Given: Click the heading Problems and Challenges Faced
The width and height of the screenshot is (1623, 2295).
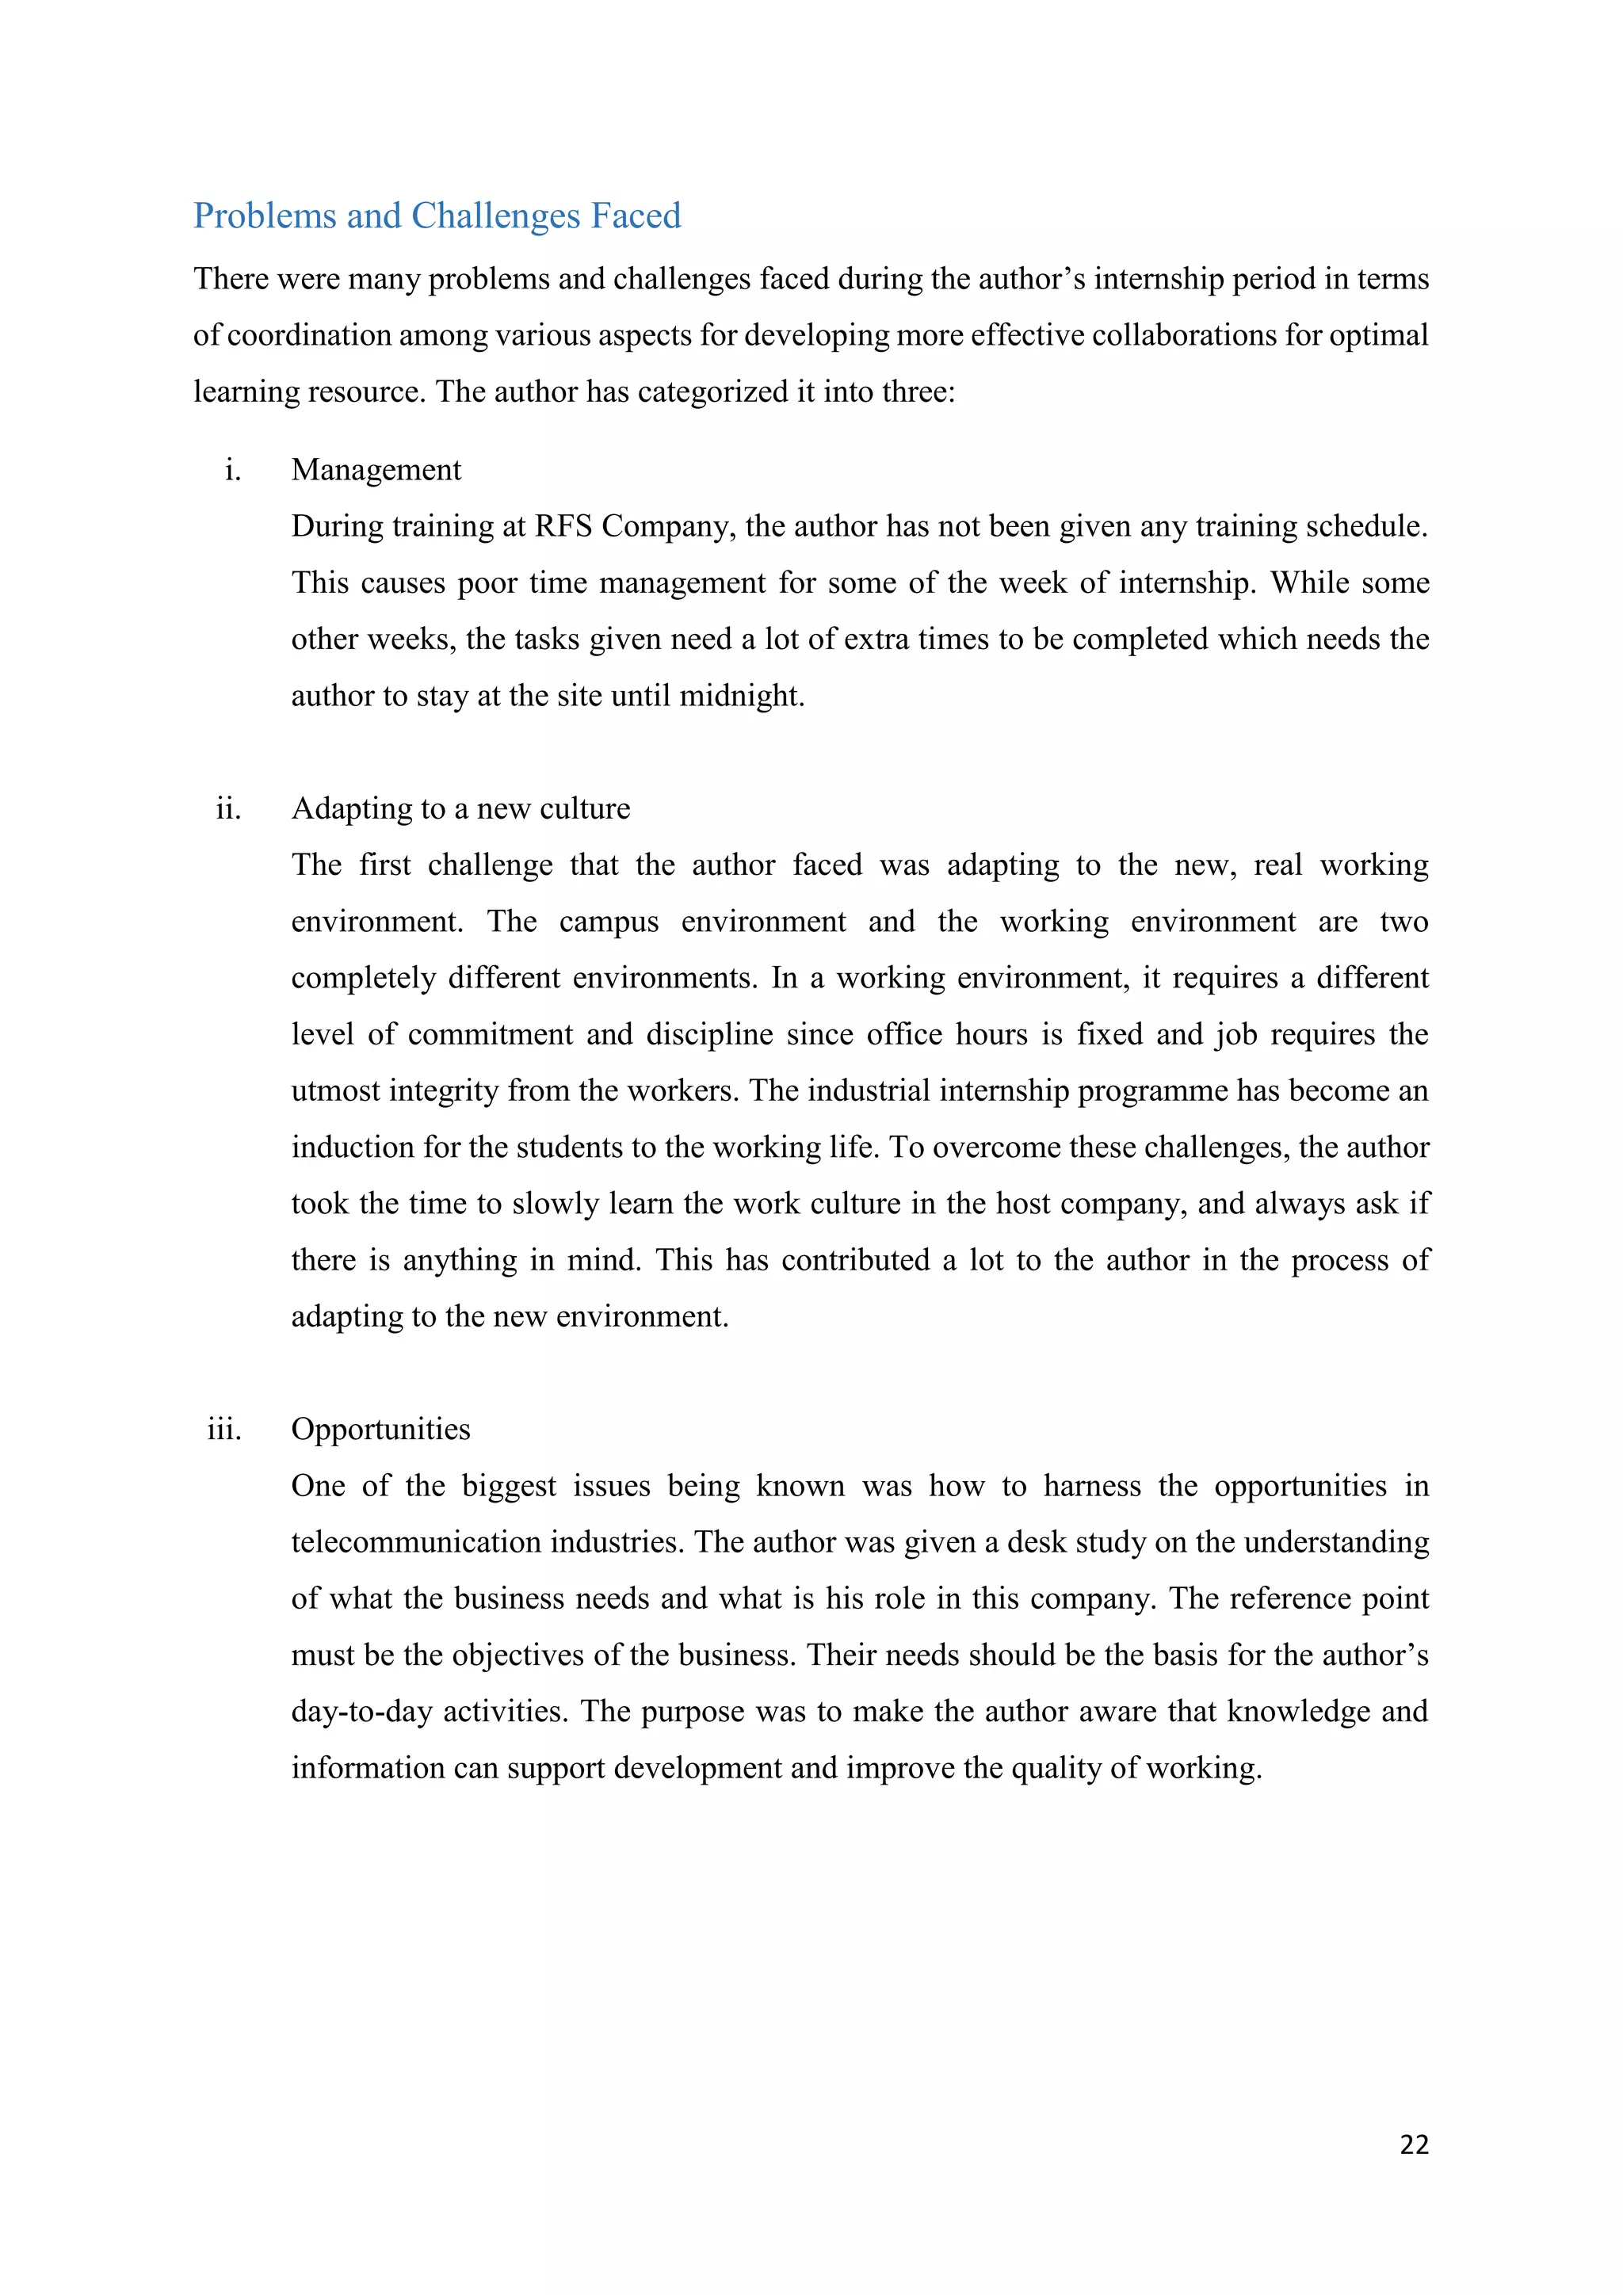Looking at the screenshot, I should [437, 216].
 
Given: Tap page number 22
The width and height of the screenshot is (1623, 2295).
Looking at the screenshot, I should [1414, 2145].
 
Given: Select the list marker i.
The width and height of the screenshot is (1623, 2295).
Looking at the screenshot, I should [233, 470].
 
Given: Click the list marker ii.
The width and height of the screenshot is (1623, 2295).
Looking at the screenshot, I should [229, 808].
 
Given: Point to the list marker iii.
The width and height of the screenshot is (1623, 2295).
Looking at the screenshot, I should [225, 1430].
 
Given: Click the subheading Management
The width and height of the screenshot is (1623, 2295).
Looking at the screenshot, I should [376, 470].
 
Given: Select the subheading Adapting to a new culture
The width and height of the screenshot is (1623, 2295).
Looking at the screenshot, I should [460, 808].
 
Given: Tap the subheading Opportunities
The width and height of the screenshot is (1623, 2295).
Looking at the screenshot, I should [380, 1430].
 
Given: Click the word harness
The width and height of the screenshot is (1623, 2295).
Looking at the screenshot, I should [1091, 1487].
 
